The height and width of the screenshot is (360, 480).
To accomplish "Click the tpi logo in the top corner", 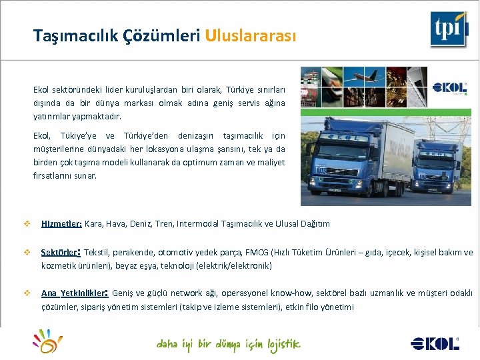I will click(447, 29).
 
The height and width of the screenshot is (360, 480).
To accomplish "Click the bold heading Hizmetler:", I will click(61, 224).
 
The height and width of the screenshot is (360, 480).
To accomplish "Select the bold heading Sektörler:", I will click(61, 253).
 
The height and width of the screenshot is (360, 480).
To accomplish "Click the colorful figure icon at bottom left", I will click(47, 341).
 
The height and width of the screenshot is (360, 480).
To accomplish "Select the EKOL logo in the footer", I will click(434, 343).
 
